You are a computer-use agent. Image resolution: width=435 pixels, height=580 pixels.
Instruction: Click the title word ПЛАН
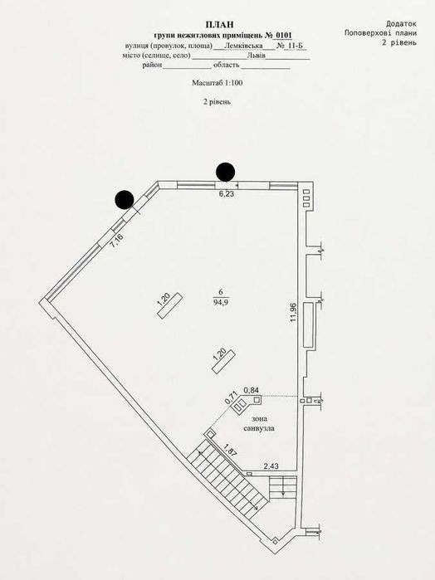pos(220,24)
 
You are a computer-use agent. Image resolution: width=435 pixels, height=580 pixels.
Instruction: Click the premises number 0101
pos(283,36)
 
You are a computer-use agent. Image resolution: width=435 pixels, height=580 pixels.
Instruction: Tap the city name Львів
pos(257,56)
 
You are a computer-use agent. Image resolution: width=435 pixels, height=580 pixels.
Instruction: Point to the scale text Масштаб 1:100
pos(217,83)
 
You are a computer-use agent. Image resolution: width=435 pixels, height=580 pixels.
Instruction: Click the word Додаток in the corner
pos(401,24)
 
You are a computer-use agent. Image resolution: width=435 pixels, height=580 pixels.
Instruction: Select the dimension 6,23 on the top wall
pos(227,194)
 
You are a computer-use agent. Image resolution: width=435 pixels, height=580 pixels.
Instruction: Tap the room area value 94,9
pos(221,302)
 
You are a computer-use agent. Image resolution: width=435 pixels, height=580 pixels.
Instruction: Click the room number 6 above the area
pos(221,294)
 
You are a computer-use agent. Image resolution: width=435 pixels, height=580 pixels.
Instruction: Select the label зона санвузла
pos(259,423)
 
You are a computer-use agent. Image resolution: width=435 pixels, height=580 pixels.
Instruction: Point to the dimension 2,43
pos(271,466)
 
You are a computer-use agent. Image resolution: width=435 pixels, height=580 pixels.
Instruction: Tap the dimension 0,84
pos(251,389)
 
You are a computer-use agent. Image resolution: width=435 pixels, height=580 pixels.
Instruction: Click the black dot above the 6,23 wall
pos(226,172)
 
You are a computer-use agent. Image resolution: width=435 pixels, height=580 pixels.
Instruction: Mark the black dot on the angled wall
pos(125,200)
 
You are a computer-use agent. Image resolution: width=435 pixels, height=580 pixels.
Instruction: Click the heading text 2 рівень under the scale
pos(217,102)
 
